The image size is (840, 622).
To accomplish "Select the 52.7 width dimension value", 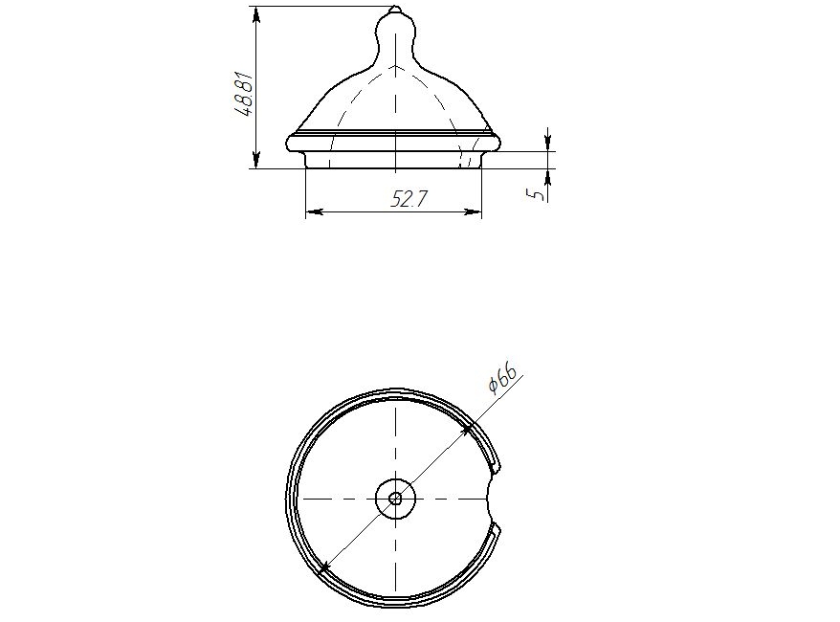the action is [x=409, y=200].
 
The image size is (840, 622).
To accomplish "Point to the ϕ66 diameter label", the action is [x=502, y=379].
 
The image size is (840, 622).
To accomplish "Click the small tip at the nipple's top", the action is [x=395, y=10].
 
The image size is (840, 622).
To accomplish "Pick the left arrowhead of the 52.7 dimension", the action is [x=314, y=212].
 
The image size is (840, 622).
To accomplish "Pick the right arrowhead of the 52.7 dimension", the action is [x=473, y=212].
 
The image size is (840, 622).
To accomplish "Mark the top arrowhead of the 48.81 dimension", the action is [x=256, y=15].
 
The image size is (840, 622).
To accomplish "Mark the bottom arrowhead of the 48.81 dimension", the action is [x=256, y=160].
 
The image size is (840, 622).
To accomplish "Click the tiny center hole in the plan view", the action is [x=395, y=499].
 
